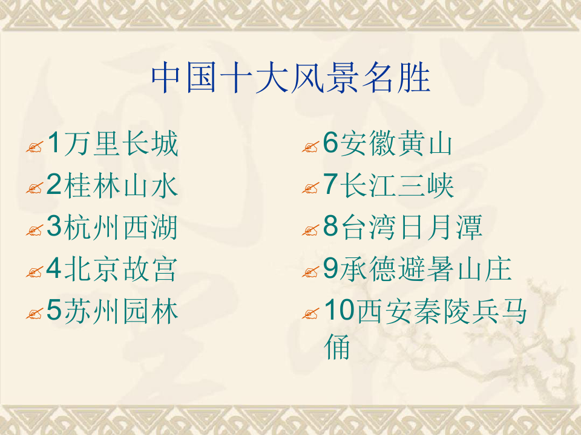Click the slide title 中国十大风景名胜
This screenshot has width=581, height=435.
click(x=290, y=78)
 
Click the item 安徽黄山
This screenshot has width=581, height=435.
click(x=396, y=144)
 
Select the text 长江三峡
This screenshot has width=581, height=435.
click(x=396, y=186)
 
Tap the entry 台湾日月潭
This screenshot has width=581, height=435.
click(x=412, y=228)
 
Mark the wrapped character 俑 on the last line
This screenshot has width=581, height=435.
click(x=338, y=347)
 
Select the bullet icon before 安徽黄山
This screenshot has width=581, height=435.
click(x=310, y=147)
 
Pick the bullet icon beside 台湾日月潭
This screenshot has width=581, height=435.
click(x=310, y=231)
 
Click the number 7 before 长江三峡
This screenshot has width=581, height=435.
click(x=330, y=186)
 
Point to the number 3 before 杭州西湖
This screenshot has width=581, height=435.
click(x=54, y=228)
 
